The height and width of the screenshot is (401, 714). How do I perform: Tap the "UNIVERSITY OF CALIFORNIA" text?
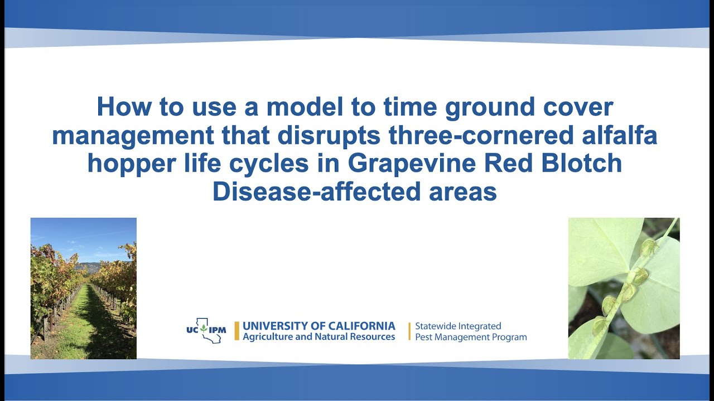(x=319, y=326)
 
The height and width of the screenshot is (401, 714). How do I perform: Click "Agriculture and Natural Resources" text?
(x=319, y=337)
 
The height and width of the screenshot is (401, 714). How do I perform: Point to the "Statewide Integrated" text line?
(x=458, y=326)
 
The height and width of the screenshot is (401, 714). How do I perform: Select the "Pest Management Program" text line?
(x=470, y=337)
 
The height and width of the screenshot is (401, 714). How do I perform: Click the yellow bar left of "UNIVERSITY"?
(x=237, y=331)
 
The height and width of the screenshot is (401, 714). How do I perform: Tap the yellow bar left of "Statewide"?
(x=409, y=331)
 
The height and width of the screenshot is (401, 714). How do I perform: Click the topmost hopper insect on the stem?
(x=648, y=247)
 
